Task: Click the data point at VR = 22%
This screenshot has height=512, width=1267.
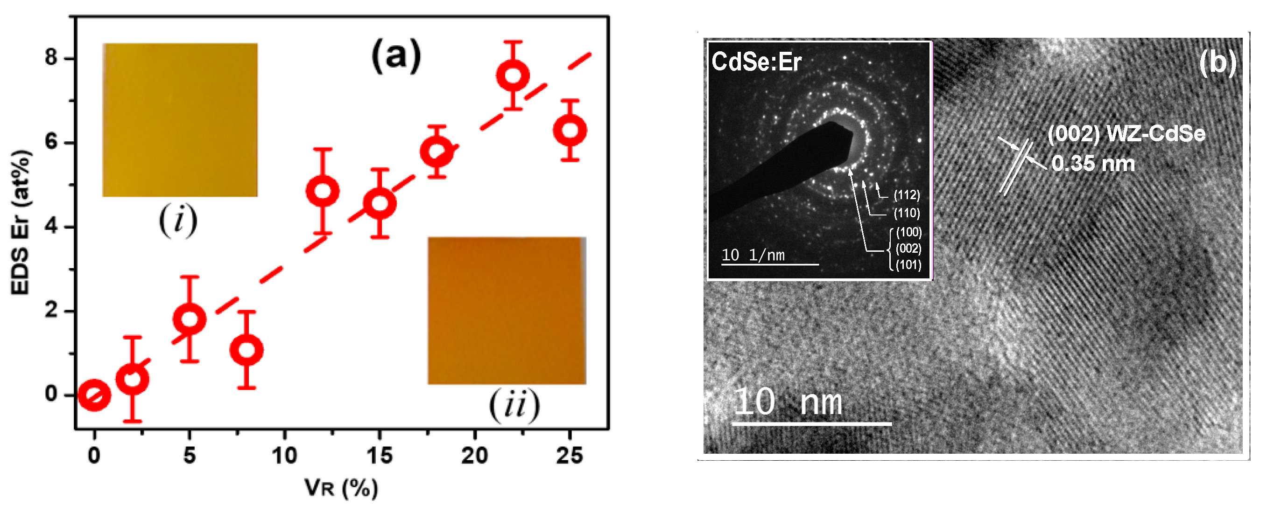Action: [x=513, y=76]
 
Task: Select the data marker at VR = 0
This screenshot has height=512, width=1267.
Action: [x=94, y=394]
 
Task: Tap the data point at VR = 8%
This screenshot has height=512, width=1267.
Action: [x=246, y=350]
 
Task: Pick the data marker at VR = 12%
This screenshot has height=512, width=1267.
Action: [x=323, y=191]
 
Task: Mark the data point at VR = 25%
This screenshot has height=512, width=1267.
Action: [x=570, y=130]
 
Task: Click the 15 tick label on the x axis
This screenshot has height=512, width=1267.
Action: [x=380, y=456]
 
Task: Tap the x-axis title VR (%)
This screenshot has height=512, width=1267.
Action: [x=341, y=488]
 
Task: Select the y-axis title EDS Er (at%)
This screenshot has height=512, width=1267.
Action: [x=21, y=222]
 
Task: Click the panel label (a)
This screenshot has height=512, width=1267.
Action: [x=396, y=55]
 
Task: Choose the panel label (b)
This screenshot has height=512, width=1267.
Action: [x=1218, y=63]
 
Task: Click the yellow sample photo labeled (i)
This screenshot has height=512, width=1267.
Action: [x=180, y=120]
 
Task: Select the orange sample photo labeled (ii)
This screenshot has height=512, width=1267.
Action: [x=507, y=311]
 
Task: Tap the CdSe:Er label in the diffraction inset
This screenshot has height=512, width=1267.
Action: [x=756, y=62]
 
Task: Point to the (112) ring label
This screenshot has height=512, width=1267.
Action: [x=907, y=195]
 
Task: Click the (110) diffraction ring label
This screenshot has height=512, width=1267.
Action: [x=907, y=213]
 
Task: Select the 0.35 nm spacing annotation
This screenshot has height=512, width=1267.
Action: [x=1093, y=164]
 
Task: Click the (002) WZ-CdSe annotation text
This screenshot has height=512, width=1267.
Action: [x=1126, y=134]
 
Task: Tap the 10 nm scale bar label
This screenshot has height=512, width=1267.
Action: [x=788, y=402]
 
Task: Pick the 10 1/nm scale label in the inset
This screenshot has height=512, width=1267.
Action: [x=753, y=255]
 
